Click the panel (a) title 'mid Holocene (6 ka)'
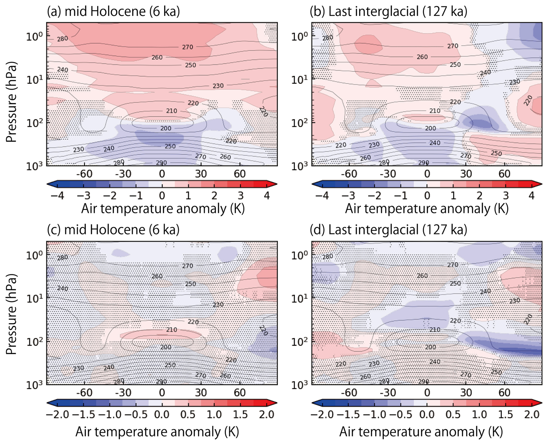pos(114,12)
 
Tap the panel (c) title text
pos(113,230)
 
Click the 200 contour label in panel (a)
pos(166,128)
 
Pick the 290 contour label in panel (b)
pos(423,163)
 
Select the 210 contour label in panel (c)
pos(171,329)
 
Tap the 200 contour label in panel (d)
pos(430,347)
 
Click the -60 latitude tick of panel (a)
pos(84,174)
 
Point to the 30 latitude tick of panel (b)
pos(466,174)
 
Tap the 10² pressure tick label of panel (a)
pos(34,123)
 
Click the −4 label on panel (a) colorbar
pos(57,196)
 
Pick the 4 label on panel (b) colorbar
pos(531,196)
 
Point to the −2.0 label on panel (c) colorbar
pos(57,415)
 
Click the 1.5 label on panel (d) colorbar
pos(505,415)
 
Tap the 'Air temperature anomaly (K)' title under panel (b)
pos(427,208)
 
